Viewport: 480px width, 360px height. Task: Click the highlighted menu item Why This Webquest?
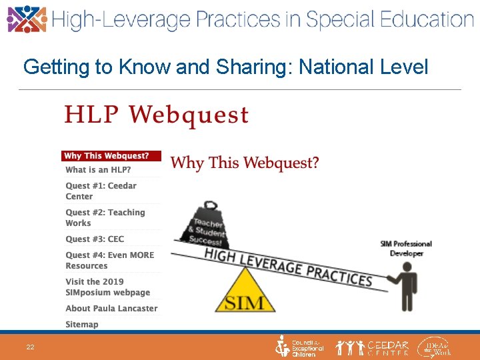pos(111,156)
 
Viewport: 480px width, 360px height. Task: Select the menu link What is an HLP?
pos(98,170)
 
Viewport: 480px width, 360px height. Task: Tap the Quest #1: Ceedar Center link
pos(101,191)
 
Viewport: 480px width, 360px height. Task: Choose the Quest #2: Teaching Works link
pos(105,217)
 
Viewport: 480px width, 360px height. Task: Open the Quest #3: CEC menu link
pos(95,239)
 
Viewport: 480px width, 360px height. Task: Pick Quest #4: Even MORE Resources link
pos(109,260)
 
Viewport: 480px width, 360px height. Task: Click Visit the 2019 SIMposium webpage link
pos(107,287)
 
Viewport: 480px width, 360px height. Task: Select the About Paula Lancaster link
pos(111,308)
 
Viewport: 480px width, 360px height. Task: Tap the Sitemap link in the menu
pos(82,324)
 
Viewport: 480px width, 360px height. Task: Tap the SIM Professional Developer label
pos(406,249)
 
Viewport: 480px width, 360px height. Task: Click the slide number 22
pos(31,347)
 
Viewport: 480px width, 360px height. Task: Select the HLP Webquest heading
pos(156,115)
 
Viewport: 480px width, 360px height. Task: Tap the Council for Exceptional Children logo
pos(299,347)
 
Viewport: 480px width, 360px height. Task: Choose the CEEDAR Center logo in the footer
pos(373,347)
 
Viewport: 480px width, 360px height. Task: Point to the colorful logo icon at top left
pos(27,19)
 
